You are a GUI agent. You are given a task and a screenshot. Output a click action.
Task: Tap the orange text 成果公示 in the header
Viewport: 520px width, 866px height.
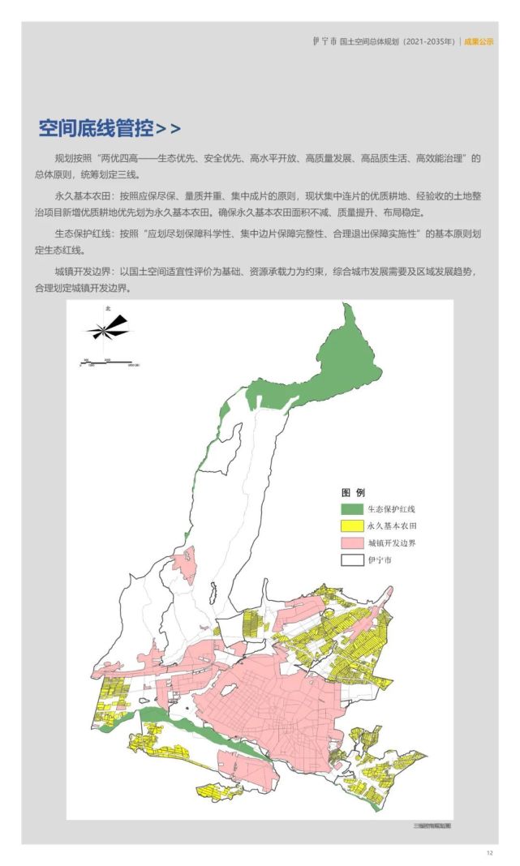(x=479, y=41)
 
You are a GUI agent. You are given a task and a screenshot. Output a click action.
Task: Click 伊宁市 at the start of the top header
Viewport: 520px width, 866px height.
(x=324, y=41)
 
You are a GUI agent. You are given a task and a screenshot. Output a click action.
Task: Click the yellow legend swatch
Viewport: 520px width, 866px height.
(x=350, y=526)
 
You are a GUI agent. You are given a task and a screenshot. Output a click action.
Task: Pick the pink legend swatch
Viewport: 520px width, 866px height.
(x=350, y=543)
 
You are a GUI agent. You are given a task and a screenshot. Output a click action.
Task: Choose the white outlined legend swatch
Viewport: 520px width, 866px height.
(x=350, y=559)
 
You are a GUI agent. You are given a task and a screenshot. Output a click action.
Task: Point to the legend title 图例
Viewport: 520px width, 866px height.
(x=354, y=493)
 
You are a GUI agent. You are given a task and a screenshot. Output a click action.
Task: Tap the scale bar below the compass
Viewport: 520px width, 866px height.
(x=105, y=361)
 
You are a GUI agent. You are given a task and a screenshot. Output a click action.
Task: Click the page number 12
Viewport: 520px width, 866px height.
(x=490, y=852)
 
